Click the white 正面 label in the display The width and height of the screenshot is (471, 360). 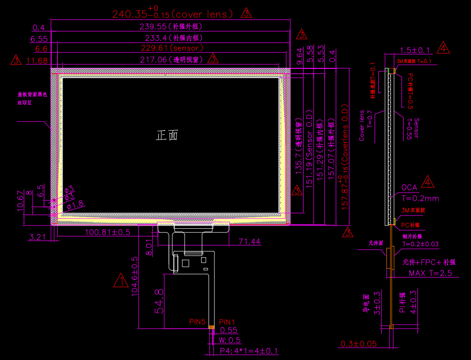coord(167,135)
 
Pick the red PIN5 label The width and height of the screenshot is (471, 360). coord(198,322)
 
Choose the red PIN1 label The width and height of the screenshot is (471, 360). coord(227,322)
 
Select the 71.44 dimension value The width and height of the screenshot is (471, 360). coord(249,242)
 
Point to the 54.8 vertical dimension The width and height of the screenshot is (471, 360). coord(158,301)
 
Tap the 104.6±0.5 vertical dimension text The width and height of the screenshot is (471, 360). coord(134,276)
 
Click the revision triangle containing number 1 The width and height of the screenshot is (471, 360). coord(121,281)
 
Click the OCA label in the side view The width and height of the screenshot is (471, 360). coord(409,188)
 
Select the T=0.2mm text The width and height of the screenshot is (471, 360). coord(420,198)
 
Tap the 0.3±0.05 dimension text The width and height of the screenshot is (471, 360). coord(358,344)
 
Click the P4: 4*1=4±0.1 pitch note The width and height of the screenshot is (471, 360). coord(249,351)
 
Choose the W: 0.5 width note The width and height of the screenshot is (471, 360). coord(230,340)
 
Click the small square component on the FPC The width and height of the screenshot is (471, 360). coord(185,262)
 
